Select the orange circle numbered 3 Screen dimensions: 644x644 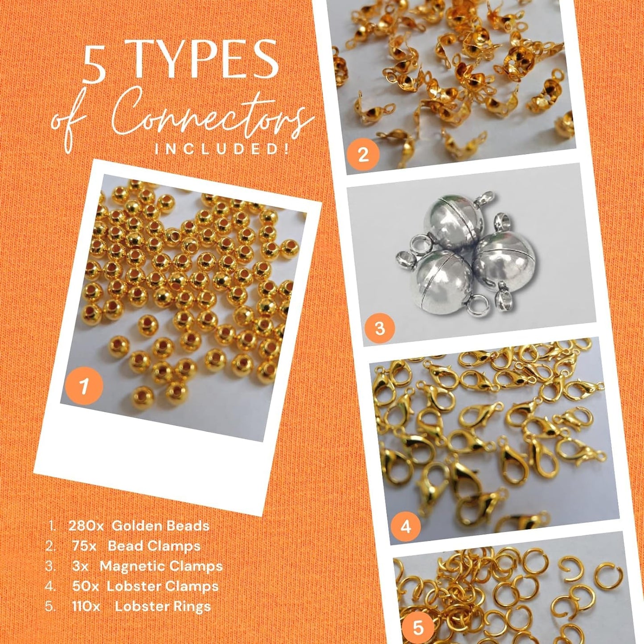[x=380, y=328]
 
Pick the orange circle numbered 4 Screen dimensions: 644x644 [x=405, y=526]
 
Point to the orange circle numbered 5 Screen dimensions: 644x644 [x=418, y=628]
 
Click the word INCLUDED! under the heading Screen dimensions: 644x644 [x=222, y=149]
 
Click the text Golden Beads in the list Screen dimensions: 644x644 [x=160, y=526]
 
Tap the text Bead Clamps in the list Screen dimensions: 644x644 [x=154, y=546]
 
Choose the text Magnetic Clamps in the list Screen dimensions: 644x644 [x=161, y=566]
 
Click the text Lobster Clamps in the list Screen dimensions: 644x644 [x=163, y=587]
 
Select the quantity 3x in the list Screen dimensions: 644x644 [x=80, y=566]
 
